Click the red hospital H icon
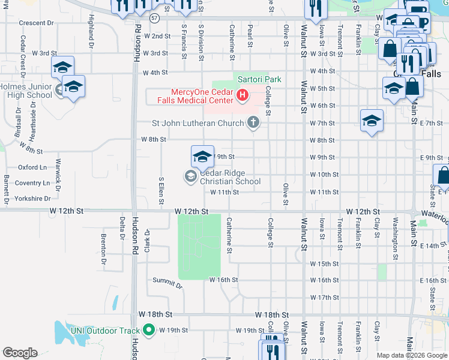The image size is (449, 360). pyautogui.click(x=243, y=95)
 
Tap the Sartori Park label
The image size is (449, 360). pyautogui.click(x=259, y=79)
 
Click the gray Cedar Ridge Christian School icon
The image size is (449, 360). pyautogui.click(x=190, y=175)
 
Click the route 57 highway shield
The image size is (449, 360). pyautogui.click(x=155, y=19)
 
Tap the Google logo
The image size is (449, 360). pyautogui.click(x=20, y=353)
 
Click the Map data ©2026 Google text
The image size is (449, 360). pyautogui.click(x=411, y=355)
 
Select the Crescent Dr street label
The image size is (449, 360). pyautogui.click(x=36, y=23)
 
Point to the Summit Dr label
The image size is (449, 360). pyautogui.click(x=167, y=283)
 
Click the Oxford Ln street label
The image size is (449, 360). pyautogui.click(x=32, y=167)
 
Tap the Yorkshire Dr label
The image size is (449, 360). pyautogui.click(x=34, y=198)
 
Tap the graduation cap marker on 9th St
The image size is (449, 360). pyautogui.click(x=202, y=157)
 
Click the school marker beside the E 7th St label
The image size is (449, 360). pyautogui.click(x=372, y=121)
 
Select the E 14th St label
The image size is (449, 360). pyautogui.click(x=433, y=246)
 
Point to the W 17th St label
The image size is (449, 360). pyautogui.click(x=324, y=298)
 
